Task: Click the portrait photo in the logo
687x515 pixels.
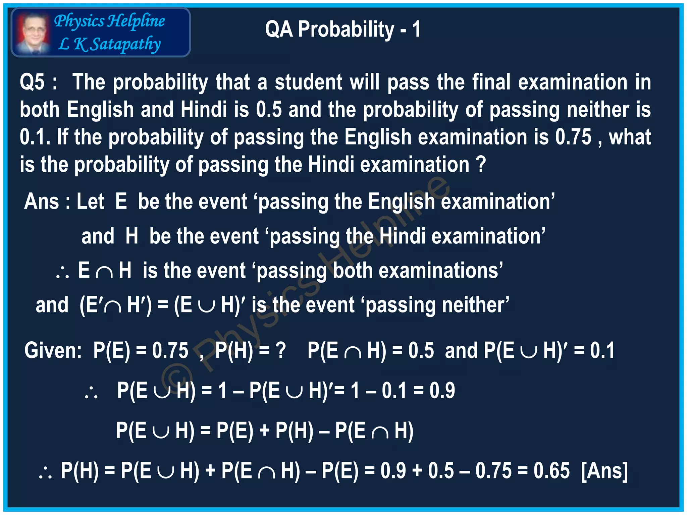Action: pos(33,33)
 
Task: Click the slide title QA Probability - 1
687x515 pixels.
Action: pos(342,29)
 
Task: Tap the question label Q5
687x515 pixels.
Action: pos(32,82)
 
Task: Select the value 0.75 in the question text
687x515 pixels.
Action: pos(573,137)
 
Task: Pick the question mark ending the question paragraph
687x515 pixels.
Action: pos(481,164)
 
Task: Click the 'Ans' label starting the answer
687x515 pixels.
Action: pos(41,202)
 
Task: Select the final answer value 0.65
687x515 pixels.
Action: pos(551,470)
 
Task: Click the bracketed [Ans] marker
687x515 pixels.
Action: pos(604,470)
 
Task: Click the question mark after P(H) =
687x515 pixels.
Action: pos(280,350)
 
